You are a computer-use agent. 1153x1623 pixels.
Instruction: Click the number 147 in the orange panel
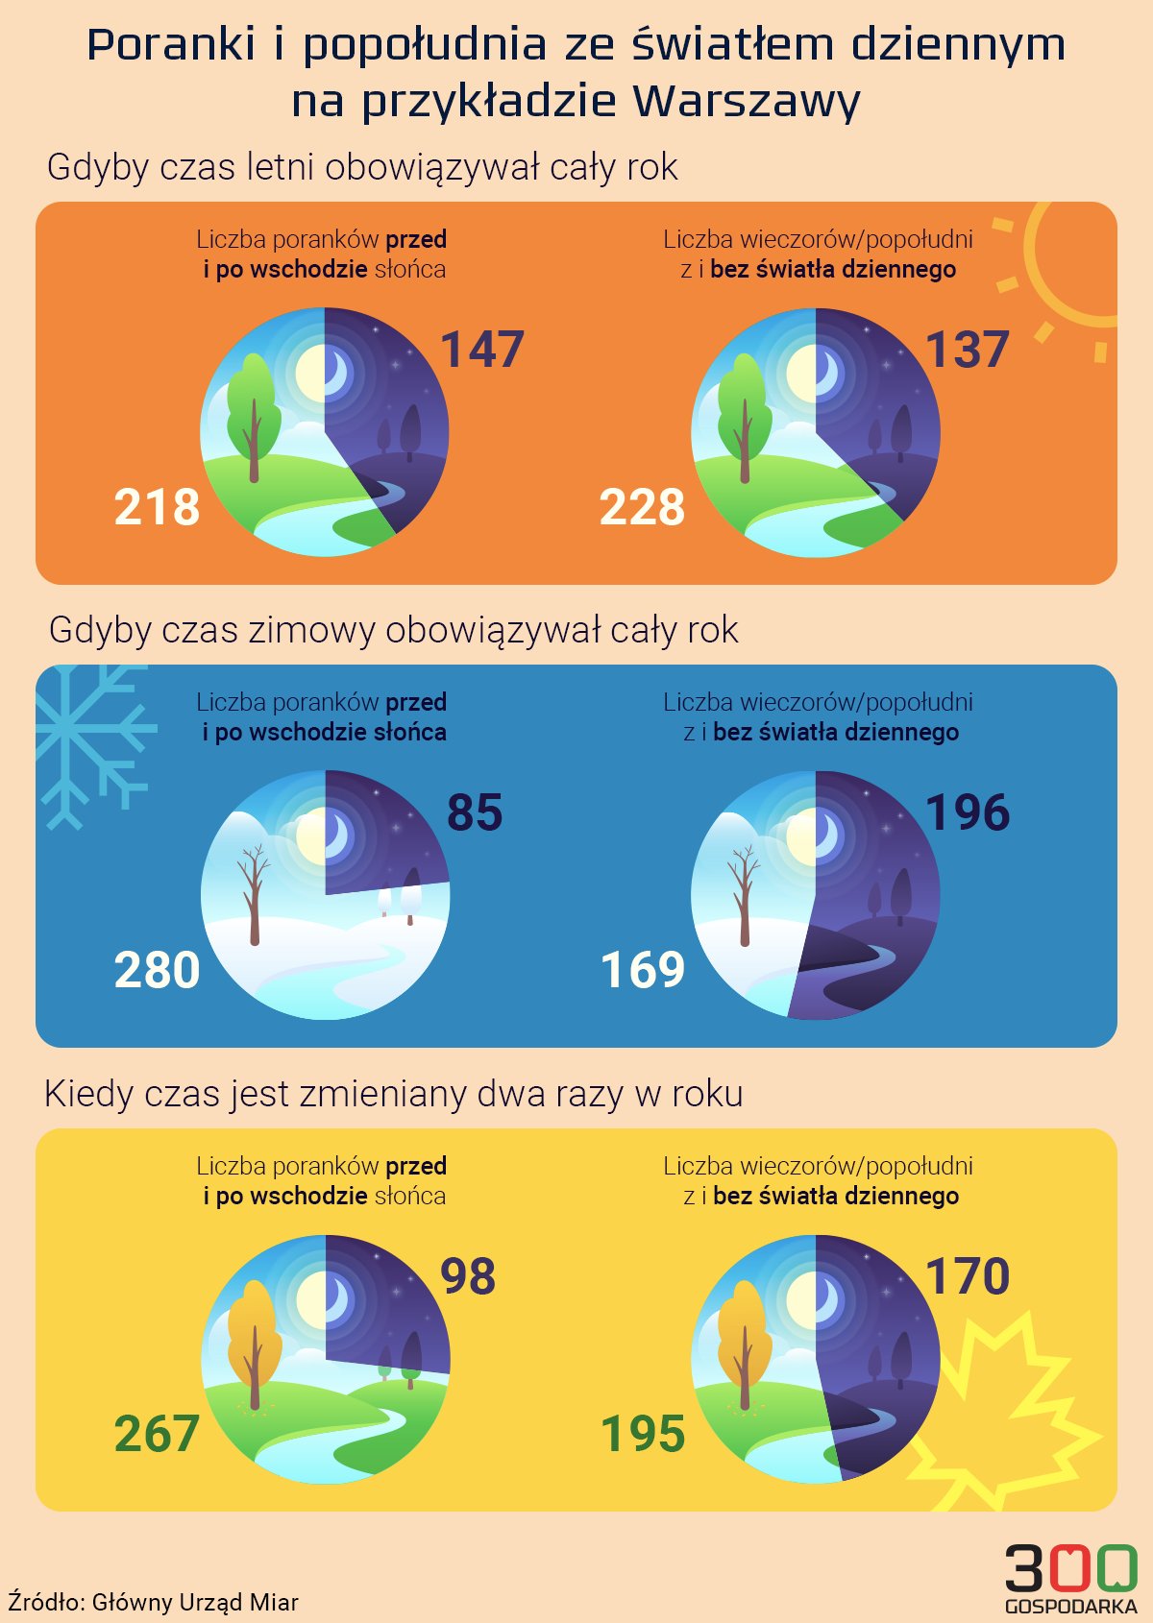[x=482, y=350]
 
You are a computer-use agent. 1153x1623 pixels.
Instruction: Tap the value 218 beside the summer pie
[x=157, y=507]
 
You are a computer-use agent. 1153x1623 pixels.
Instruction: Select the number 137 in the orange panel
[x=967, y=350]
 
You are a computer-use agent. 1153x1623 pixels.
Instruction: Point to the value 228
[x=642, y=507]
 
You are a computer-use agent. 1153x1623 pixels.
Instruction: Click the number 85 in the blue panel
[x=475, y=812]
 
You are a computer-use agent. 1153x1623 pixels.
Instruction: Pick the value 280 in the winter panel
[x=157, y=970]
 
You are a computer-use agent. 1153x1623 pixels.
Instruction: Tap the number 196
[x=967, y=812]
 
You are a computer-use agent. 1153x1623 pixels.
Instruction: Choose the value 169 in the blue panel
[x=642, y=970]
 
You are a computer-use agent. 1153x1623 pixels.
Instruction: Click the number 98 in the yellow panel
[x=468, y=1276]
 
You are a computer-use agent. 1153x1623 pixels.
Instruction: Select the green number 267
[x=157, y=1434]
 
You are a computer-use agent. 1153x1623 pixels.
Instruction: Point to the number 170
[x=967, y=1276]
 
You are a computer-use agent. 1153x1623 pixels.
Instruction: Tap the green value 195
[x=642, y=1434]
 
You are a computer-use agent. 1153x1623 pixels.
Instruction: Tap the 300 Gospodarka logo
[x=1070, y=1578]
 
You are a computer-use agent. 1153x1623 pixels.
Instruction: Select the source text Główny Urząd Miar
[x=195, y=1602]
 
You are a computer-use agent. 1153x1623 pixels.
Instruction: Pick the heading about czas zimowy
[x=393, y=630]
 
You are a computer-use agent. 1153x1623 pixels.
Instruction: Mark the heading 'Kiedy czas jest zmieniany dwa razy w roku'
[x=393, y=1094]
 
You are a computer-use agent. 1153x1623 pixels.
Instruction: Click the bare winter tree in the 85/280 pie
[x=254, y=893]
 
